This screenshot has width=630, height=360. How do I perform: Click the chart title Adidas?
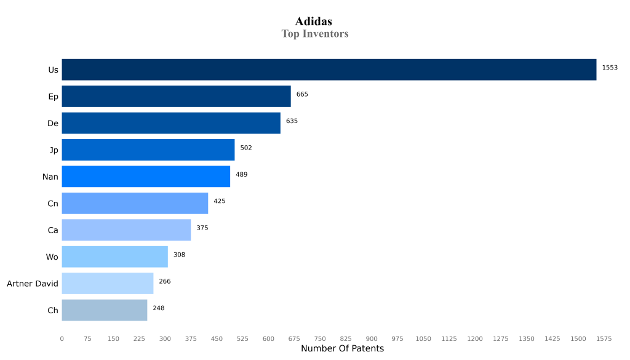314,22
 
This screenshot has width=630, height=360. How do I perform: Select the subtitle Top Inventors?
314,34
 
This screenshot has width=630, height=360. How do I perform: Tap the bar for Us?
329,70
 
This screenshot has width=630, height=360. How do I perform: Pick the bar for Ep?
176,97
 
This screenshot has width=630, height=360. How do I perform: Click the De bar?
171,123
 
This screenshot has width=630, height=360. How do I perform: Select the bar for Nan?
146,177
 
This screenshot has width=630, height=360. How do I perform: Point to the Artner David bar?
108,283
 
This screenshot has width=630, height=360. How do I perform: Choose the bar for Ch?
105,310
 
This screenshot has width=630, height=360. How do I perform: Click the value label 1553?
610,68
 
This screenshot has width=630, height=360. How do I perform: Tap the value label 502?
246,148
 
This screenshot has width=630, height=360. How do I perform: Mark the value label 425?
220,201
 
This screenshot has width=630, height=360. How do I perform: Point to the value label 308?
179,255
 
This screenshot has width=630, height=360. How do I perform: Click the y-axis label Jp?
54,150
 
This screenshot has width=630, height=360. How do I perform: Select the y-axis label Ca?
53,230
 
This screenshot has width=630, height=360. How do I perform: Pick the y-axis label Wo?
52,257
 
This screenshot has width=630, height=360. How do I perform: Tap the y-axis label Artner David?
33,284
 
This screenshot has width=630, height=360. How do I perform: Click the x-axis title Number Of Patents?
342,349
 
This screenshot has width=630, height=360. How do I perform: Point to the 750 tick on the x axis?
320,338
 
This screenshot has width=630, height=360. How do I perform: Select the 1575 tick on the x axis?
604,338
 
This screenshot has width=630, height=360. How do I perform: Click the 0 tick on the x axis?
62,338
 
